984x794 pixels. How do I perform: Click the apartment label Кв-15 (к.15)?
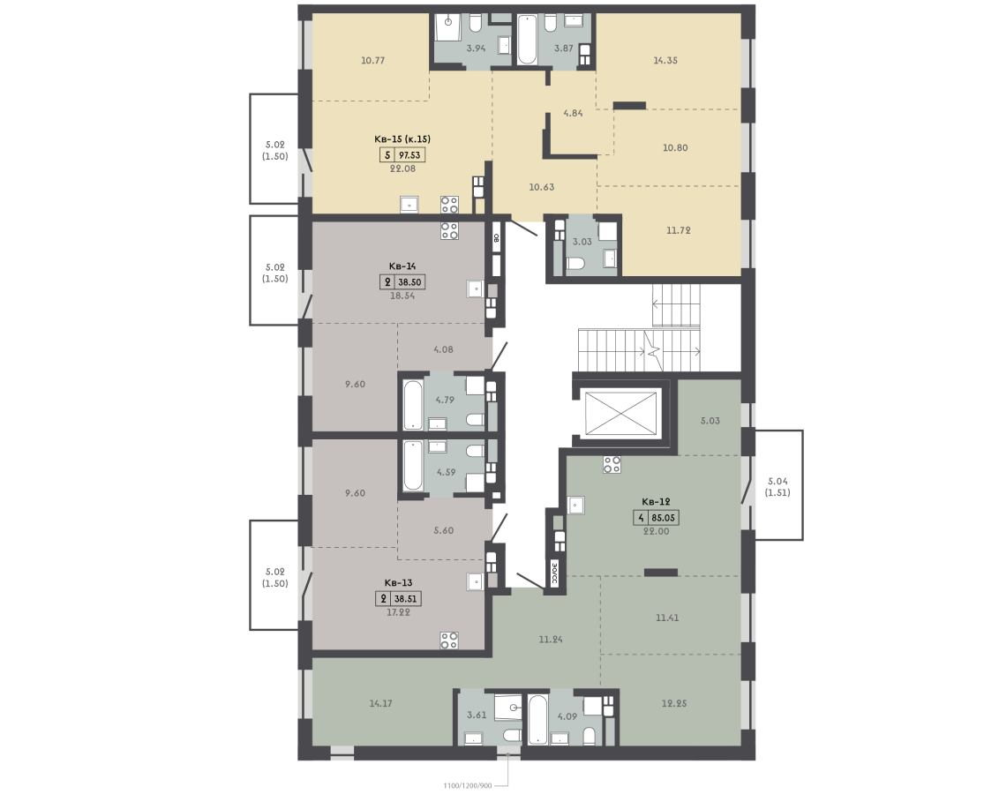click(x=402, y=139)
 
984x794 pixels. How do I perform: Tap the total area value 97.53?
click(x=409, y=155)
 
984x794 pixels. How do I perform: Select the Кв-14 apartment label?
click(x=402, y=266)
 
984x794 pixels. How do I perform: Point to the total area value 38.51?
click(x=405, y=599)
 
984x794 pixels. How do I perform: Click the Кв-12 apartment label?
click(x=656, y=502)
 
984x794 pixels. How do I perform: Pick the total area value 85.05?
click(x=664, y=518)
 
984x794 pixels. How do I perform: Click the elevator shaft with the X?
click(x=620, y=413)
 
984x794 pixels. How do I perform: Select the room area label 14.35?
click(x=665, y=61)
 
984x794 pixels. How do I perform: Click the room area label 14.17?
click(x=381, y=704)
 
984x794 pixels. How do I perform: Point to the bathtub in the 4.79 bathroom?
click(x=413, y=405)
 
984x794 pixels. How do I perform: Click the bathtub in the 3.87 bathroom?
click(x=527, y=40)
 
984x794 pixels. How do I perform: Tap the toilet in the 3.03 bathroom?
click(x=575, y=265)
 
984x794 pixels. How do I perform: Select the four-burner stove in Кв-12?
click(x=612, y=465)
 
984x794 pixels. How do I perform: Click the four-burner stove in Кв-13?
click(x=449, y=640)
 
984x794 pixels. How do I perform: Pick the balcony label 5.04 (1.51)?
click(x=777, y=487)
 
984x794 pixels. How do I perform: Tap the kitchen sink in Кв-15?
click(x=409, y=205)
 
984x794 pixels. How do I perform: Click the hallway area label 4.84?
click(x=573, y=114)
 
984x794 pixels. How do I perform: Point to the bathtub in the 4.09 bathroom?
click(x=537, y=719)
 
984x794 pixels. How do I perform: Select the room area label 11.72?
click(x=679, y=231)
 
